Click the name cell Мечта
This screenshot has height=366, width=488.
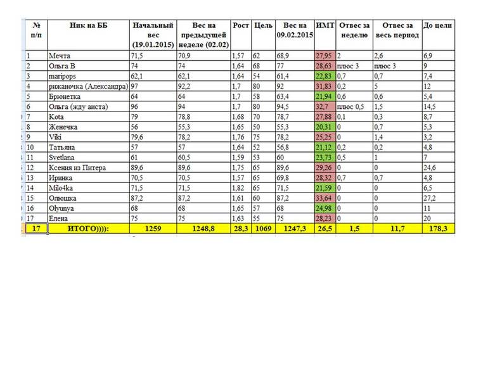(61, 56)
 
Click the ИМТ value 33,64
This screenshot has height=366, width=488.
(324, 198)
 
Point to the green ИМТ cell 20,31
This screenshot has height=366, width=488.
(324, 127)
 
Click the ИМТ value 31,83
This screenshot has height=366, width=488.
(324, 86)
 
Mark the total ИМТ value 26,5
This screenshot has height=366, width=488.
(325, 229)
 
